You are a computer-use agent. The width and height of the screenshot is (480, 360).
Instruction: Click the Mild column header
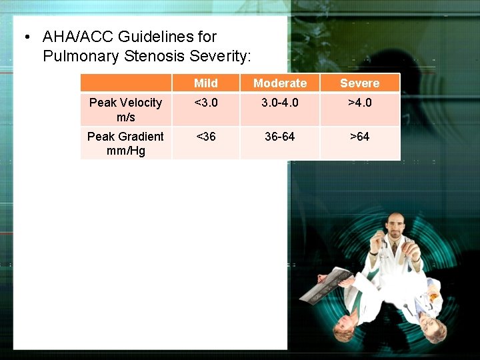click(205, 83)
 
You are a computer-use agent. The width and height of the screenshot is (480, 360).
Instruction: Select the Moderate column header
click(280, 83)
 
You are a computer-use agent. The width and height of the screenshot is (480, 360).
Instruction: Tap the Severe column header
click(359, 83)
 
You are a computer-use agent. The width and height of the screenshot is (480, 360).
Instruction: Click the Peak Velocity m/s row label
click(125, 109)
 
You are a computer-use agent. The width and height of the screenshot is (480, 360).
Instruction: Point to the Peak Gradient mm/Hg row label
click(125, 143)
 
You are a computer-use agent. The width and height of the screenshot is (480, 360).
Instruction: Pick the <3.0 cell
click(205, 103)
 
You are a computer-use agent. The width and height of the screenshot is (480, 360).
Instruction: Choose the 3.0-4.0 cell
click(280, 103)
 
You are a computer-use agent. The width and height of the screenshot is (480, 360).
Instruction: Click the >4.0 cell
click(359, 103)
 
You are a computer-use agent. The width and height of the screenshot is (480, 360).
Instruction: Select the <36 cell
click(205, 137)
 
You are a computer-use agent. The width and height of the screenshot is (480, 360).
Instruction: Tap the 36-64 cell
click(280, 137)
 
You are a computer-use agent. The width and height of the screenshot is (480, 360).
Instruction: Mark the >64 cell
click(359, 137)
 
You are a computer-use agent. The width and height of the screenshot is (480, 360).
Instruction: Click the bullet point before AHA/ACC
click(25, 37)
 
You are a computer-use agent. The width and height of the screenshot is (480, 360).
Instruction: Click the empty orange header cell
click(125, 83)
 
